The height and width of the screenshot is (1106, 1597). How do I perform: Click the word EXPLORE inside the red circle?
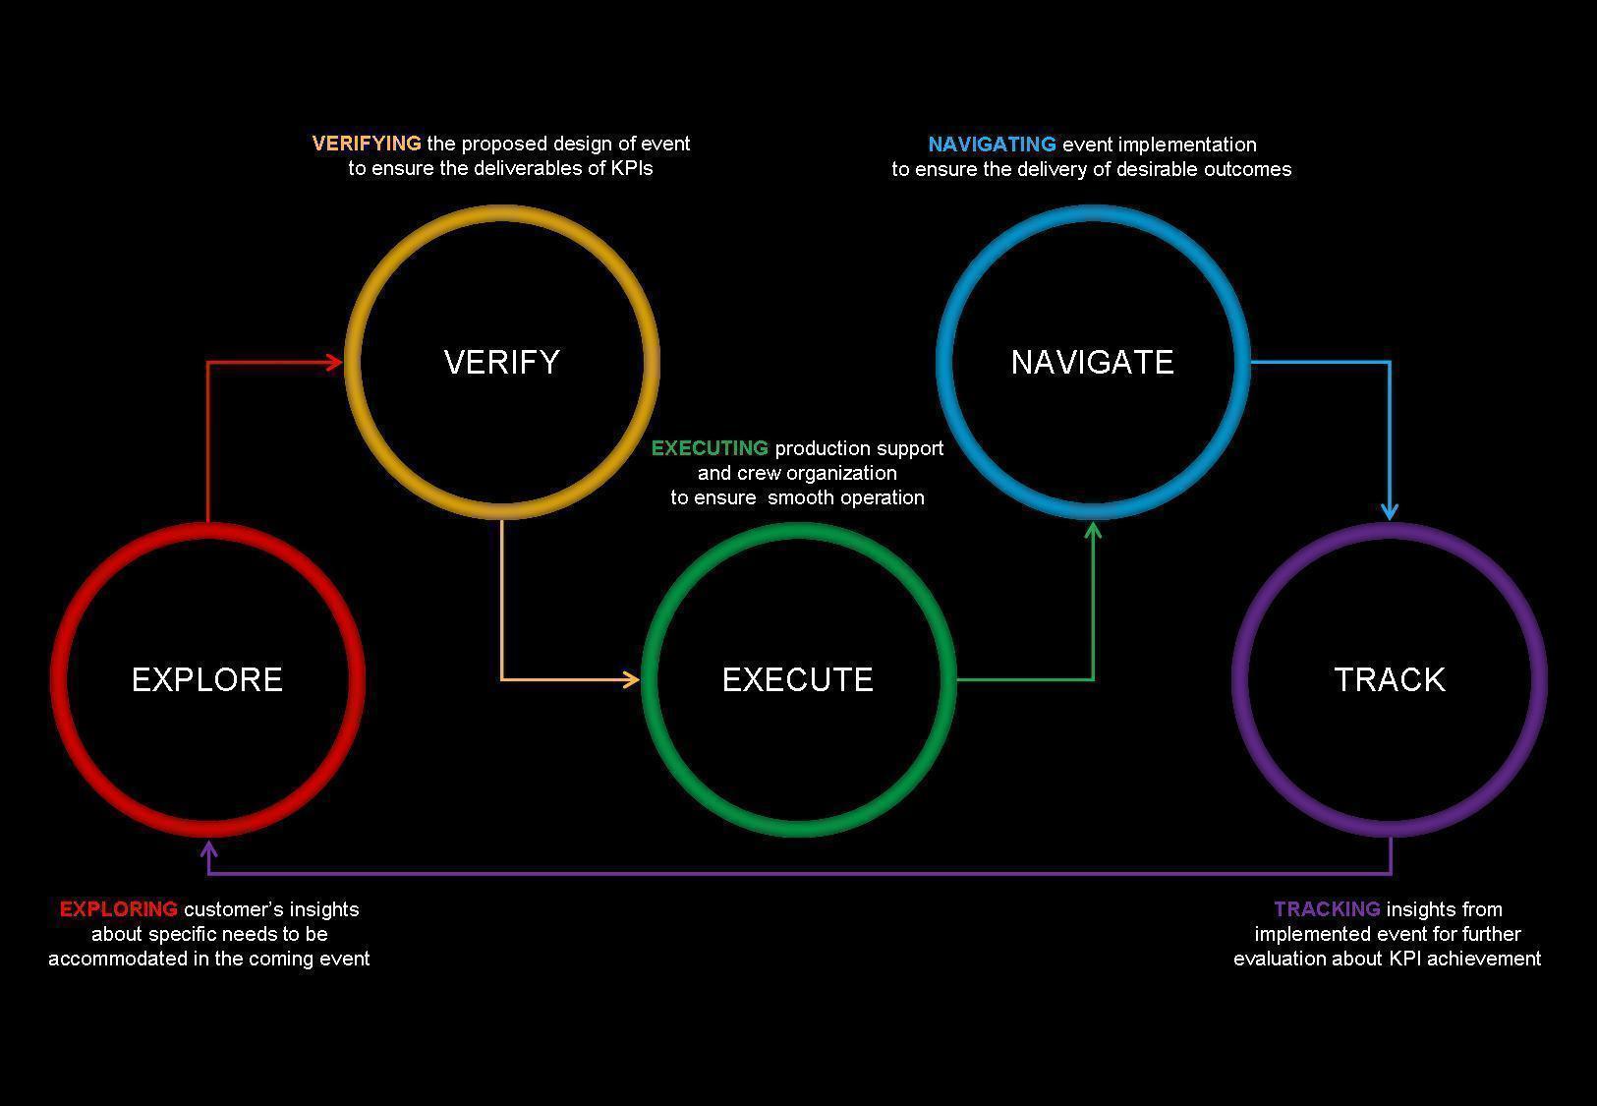tap(207, 679)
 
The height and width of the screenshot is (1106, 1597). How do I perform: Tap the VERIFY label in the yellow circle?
tap(502, 362)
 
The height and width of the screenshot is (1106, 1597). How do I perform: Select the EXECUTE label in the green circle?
tap(798, 679)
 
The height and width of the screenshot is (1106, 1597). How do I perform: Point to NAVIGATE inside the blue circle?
tap(1093, 362)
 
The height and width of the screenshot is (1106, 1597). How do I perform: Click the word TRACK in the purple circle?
tap(1390, 679)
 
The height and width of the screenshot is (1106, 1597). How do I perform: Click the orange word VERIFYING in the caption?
tap(366, 144)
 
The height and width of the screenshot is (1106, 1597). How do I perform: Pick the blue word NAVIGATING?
tap(992, 145)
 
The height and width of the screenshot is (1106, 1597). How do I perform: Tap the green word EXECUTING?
tap(710, 448)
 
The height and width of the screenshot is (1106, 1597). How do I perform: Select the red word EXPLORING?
tap(119, 909)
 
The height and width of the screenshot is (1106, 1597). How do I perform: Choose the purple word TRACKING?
tap(1327, 909)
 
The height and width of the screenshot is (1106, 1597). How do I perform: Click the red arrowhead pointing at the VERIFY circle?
tap(334, 363)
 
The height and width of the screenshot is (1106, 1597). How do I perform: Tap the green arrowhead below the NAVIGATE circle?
tap(1093, 532)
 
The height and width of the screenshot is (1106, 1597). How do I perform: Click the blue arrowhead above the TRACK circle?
tap(1390, 510)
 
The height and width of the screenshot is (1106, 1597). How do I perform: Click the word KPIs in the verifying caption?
tap(632, 168)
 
